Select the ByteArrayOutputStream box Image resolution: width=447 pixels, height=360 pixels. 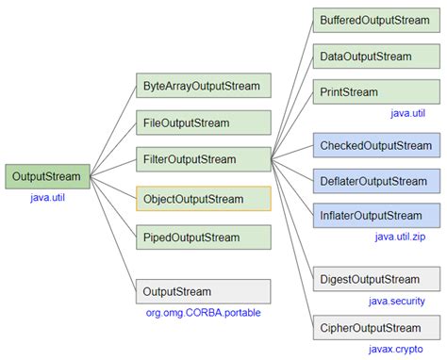click(x=203, y=86)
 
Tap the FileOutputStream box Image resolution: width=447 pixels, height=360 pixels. click(x=203, y=123)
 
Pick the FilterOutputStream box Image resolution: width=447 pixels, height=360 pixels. click(x=203, y=159)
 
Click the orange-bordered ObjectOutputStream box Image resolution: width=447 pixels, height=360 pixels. click(x=203, y=199)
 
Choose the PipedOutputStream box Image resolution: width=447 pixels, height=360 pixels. click(x=203, y=237)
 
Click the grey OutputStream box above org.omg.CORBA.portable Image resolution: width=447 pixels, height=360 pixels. click(x=203, y=291)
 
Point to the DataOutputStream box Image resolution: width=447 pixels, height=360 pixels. click(x=375, y=57)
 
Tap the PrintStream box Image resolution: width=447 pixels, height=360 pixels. click(x=375, y=92)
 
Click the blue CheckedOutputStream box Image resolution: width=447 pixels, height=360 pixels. click(x=375, y=145)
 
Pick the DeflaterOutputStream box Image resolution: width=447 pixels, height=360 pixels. click(x=375, y=181)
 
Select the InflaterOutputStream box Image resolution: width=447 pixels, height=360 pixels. click(x=375, y=216)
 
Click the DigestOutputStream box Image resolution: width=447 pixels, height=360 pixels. click(x=375, y=279)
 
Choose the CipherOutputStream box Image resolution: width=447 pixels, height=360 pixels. click(x=375, y=328)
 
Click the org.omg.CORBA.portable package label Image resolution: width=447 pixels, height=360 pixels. click(x=197, y=313)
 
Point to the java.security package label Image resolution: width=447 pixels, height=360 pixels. click(x=396, y=301)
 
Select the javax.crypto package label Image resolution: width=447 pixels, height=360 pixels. click(x=397, y=349)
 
